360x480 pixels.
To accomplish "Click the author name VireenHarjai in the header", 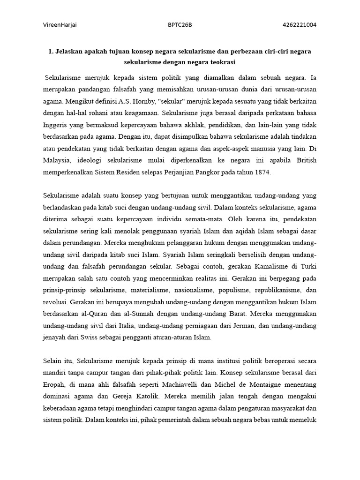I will click(x=60, y=25).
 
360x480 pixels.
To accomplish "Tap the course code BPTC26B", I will click(x=180, y=25).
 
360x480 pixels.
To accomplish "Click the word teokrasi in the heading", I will click(x=220, y=61).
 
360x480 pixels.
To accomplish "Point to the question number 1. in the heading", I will click(x=50, y=51).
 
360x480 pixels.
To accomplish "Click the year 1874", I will click(x=262, y=172).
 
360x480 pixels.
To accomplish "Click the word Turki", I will click(x=308, y=267).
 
